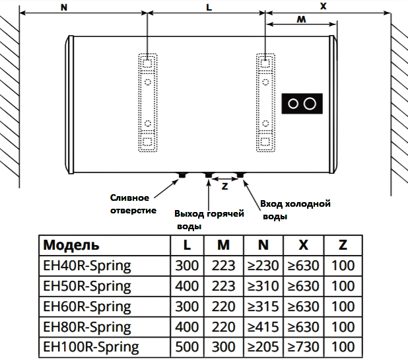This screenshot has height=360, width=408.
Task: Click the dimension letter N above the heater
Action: [x=64, y=7]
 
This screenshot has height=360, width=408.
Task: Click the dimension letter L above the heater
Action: [x=209, y=7]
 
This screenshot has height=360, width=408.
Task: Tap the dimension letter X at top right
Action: [x=323, y=6]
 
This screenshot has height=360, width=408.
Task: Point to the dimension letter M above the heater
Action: [x=301, y=19]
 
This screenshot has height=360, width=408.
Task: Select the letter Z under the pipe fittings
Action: [x=224, y=186]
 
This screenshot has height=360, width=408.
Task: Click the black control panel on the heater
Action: [x=302, y=104]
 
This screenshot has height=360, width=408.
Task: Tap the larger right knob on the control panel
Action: [x=310, y=104]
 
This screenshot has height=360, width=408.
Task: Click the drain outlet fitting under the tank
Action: [x=182, y=175]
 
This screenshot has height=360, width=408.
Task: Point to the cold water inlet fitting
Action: [x=240, y=175]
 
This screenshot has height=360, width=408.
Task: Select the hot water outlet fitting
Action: [x=209, y=175]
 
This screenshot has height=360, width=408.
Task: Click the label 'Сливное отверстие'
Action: [x=133, y=204]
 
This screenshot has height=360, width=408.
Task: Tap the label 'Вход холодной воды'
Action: [x=295, y=210]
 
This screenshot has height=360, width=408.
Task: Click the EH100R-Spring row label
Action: [x=91, y=347]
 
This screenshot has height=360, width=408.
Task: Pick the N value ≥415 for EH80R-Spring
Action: [x=263, y=327]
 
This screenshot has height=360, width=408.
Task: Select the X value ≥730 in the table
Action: [x=303, y=347]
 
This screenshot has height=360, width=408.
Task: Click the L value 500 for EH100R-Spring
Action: [x=187, y=347]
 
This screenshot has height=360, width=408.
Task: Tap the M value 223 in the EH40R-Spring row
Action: [x=224, y=266]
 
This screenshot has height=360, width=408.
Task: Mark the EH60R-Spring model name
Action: [x=87, y=306]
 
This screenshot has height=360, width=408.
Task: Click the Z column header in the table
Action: [x=343, y=245]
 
